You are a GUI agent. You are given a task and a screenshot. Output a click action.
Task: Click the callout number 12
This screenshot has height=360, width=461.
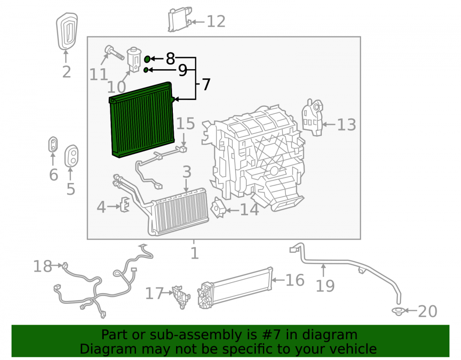216,22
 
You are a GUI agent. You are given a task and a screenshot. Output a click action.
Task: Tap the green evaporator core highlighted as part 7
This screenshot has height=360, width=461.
142,119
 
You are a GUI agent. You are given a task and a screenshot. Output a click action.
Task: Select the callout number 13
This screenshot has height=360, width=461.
346,124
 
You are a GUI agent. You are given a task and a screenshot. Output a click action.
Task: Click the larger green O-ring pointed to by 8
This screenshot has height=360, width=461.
148,59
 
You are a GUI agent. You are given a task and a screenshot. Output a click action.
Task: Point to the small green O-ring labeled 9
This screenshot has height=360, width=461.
146,70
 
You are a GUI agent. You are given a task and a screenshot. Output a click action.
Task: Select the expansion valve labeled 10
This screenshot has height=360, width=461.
134,59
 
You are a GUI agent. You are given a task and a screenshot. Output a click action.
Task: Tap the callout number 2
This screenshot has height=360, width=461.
67,72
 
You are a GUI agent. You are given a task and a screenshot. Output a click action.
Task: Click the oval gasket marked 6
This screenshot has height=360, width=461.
53,145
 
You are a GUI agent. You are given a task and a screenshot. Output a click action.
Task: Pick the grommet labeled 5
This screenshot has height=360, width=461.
71,156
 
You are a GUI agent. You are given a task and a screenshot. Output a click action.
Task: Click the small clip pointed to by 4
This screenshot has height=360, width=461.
124,204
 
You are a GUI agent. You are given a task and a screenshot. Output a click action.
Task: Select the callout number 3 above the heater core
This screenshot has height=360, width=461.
187,172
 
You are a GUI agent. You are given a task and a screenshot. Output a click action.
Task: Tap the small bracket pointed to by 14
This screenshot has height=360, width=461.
219,208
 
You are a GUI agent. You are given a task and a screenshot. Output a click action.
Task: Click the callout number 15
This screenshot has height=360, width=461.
185,124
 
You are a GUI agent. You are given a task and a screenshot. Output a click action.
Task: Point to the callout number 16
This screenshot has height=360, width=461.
295,280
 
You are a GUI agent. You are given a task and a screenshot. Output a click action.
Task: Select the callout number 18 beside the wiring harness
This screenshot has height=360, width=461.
42,266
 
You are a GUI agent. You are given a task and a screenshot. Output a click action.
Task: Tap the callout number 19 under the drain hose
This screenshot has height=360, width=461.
325,286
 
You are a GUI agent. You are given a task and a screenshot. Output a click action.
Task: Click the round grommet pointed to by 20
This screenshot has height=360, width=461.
398,311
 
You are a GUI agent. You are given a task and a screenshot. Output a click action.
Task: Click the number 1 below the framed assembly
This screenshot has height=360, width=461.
195,253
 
